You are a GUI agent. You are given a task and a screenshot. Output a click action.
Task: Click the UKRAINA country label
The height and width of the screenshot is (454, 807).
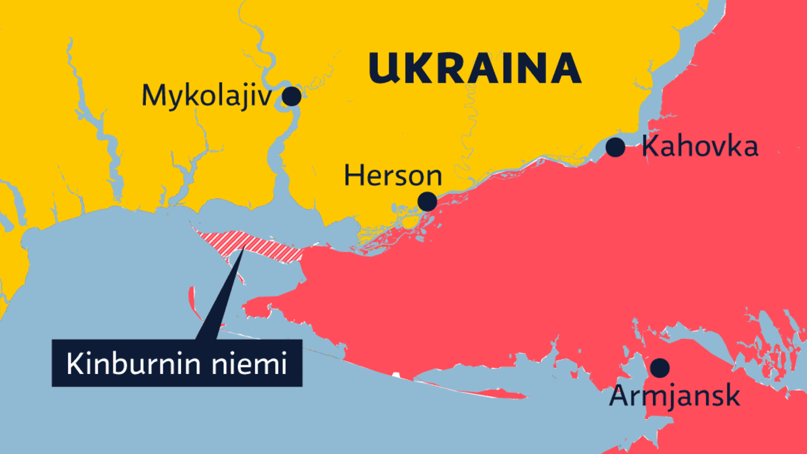coord(474,69)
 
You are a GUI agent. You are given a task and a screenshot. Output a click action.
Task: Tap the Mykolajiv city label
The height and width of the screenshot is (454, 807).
coord(206,97)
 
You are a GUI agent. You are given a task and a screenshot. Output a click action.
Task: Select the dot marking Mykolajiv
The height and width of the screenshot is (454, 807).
coord(291,96)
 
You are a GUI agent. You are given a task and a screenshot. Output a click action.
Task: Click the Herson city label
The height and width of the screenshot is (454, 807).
coord(393,177)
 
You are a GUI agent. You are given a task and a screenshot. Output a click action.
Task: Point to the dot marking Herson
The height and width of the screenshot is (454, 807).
coord(426,201)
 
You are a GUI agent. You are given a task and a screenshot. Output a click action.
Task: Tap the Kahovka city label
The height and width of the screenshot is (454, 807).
coord(700,147)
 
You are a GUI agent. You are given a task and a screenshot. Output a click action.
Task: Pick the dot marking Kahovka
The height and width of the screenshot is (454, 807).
coord(615,147)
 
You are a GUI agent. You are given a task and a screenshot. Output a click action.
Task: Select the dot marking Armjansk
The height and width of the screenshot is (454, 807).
coord(660,367)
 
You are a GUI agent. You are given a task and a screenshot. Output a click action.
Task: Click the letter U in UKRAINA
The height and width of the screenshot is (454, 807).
coord(383,69)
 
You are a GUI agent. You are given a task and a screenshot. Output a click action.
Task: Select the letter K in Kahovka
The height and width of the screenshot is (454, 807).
coord(650,147)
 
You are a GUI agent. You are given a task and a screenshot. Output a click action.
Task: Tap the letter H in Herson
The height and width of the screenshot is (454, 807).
coord(352,177)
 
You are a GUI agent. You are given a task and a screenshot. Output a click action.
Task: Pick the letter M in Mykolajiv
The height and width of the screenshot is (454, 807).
coord(153,97)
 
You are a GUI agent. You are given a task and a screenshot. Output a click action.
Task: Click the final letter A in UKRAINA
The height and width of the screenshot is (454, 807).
coord(567,69)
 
